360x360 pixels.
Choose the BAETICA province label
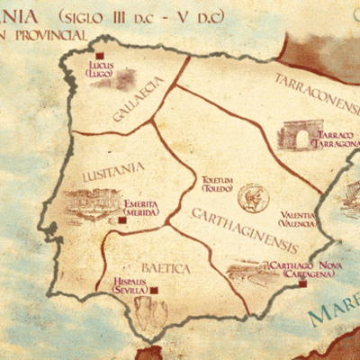[x=165, y=268]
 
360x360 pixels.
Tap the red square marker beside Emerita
[x=122, y=220]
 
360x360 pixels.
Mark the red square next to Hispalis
[x=154, y=290]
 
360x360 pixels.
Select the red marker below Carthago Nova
[x=302, y=283]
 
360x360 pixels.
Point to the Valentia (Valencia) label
[x=297, y=219]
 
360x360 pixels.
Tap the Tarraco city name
[x=337, y=138]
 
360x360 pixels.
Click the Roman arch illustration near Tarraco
[x=296, y=137]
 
